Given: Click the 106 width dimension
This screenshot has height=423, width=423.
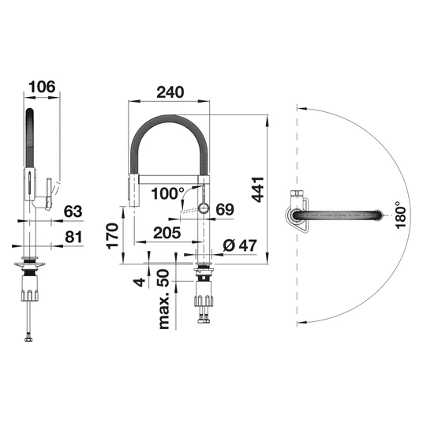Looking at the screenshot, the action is click(42, 87).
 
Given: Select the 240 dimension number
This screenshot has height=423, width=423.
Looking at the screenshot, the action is click(170, 92).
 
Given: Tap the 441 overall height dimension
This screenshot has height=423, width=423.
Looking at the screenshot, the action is click(257, 189).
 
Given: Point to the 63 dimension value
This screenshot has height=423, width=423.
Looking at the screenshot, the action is click(73, 211).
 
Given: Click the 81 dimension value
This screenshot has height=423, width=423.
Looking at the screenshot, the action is click(73, 237).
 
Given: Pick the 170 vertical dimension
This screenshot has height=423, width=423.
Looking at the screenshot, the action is click(112, 236).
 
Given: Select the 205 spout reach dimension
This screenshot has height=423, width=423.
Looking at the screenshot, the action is click(167, 233).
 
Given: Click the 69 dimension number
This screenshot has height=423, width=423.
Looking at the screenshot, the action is click(225, 209).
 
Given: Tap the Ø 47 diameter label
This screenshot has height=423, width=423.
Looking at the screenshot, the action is click(240, 245).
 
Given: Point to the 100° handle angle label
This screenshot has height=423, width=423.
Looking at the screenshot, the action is click(167, 193).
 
